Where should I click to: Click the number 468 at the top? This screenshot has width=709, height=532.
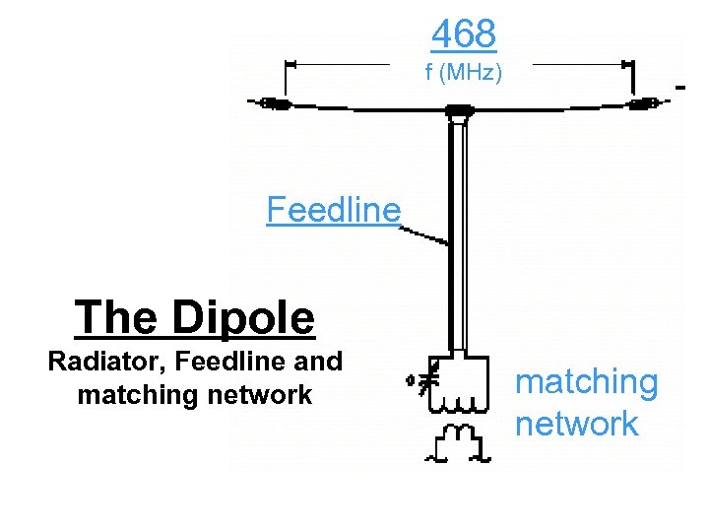tap(464, 33)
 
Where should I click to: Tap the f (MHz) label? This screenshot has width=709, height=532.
tap(464, 72)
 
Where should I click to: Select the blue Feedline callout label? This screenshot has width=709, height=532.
tap(334, 210)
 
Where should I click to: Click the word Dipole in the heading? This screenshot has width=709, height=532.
tap(242, 317)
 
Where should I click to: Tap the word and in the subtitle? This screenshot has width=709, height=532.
tap(318, 363)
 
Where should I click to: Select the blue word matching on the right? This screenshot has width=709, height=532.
tap(587, 381)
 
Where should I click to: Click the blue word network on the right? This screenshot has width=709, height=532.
tap(577, 424)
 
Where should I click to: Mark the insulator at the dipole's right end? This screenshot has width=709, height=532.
tap(644, 102)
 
